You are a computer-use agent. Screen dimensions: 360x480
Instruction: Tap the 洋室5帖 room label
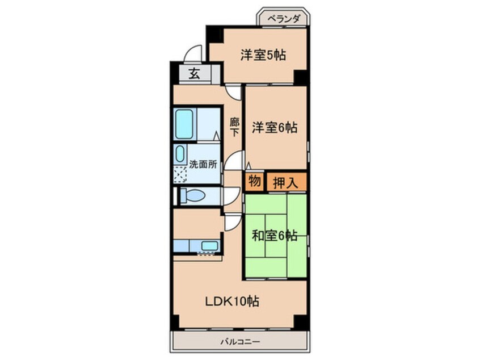(262, 55)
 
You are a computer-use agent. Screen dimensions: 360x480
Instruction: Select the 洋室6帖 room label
(275, 128)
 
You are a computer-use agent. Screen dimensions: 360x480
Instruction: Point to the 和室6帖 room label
(274, 236)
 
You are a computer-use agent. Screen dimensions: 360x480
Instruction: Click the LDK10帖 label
(231, 302)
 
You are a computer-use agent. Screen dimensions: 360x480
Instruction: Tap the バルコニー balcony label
(239, 342)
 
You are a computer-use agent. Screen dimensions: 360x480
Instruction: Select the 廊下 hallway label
(234, 125)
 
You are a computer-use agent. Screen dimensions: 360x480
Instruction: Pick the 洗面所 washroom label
(203, 165)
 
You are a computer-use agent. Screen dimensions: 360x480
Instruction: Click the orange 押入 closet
(287, 182)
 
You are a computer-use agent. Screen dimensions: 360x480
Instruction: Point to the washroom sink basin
(180, 154)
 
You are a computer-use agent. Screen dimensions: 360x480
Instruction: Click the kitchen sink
(209, 246)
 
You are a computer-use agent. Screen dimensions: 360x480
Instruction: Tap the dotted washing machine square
(180, 175)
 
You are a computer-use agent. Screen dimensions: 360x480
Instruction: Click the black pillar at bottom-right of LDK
(301, 321)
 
